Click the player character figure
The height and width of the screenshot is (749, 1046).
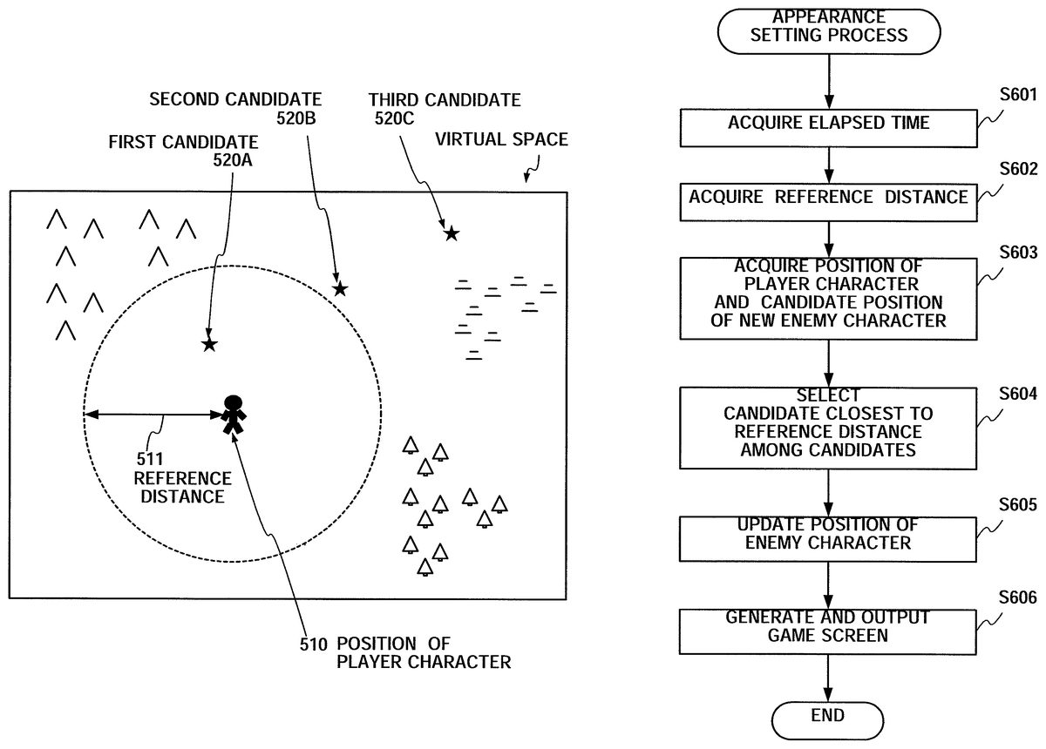click(233, 415)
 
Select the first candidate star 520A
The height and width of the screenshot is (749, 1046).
click(209, 345)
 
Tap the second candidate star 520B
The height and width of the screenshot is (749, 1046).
click(340, 288)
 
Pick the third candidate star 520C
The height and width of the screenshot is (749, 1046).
click(451, 233)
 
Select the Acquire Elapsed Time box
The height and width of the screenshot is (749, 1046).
click(828, 124)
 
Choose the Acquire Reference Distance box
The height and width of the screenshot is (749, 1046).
click(828, 197)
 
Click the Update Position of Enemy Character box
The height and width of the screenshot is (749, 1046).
click(828, 534)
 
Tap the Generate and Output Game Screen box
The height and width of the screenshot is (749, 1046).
click(828, 627)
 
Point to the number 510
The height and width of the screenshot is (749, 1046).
click(311, 644)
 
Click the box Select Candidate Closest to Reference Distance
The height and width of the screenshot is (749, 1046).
click(828, 423)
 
